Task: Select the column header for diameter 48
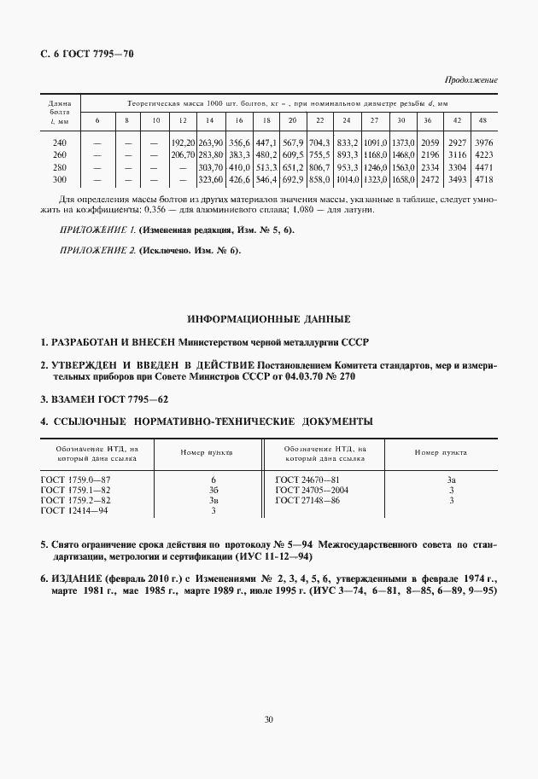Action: [483, 119]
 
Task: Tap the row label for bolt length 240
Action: [60, 142]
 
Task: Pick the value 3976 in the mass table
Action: [483, 142]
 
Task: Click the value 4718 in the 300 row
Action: [483, 181]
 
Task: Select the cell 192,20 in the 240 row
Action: [184, 142]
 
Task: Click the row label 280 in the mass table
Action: [60, 168]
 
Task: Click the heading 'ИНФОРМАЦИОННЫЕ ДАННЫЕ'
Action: [269, 320]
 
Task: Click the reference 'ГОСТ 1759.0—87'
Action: [76, 480]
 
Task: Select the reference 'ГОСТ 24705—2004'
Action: [311, 491]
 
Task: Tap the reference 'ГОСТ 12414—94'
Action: [76, 510]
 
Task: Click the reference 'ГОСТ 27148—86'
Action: [307, 500]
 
